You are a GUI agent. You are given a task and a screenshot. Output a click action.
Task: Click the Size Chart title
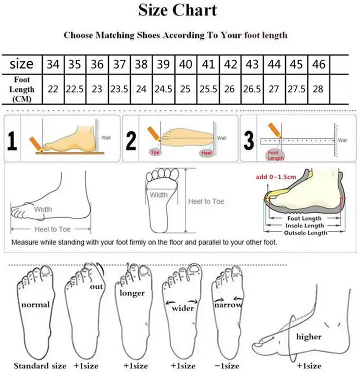[x=177, y=10]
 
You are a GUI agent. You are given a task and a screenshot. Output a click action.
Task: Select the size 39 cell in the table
[x=163, y=64]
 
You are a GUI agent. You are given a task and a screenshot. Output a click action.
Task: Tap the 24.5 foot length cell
[x=163, y=89]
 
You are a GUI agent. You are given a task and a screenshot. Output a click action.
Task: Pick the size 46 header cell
[x=318, y=64]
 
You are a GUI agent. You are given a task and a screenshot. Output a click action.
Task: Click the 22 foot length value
[x=52, y=89]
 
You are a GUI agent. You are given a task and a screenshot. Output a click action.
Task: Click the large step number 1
[x=12, y=141]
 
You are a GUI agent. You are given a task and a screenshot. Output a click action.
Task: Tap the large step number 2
[x=131, y=141]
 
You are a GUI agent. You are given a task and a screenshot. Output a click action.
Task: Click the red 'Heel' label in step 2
[x=206, y=152]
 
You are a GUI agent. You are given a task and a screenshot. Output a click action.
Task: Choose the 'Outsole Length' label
[x=305, y=233]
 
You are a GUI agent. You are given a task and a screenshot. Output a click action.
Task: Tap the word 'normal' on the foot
[x=35, y=304]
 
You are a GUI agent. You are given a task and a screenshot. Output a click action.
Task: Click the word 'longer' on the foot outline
[x=132, y=293]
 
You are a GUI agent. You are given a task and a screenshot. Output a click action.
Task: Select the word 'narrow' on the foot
[x=228, y=304]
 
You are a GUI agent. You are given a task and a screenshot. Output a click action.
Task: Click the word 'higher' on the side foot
[x=308, y=337]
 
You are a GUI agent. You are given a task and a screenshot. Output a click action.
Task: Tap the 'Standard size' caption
[x=40, y=366]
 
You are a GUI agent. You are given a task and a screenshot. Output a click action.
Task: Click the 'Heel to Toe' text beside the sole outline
[x=206, y=201]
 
